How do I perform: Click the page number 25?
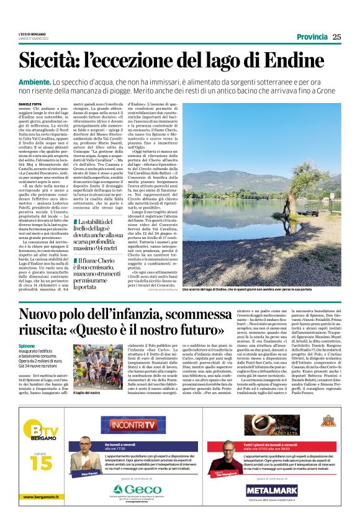coord(336,37)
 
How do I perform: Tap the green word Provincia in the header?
coord(312,37)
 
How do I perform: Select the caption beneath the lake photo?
coord(246,289)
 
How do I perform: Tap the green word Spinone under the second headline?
coord(27,345)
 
